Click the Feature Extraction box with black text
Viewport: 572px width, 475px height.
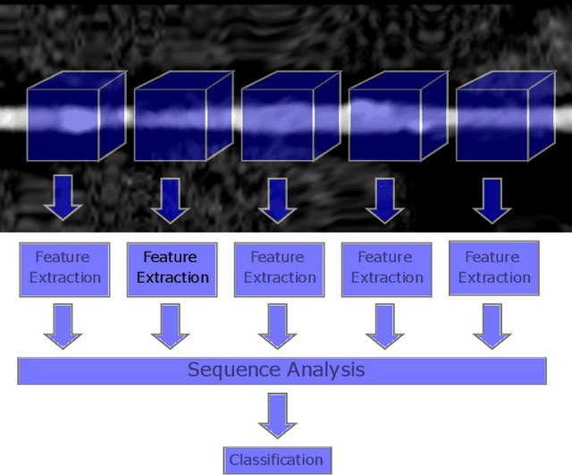172,267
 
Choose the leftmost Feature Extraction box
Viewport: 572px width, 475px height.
64,267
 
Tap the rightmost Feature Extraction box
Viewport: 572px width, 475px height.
493,267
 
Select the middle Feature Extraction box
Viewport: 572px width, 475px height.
279,267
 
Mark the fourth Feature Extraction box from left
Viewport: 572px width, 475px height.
386,267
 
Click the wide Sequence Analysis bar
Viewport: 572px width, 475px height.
282,369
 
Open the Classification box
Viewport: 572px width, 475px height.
276,460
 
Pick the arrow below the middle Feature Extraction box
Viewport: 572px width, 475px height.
278,326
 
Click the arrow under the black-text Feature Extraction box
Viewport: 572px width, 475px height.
171,326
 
